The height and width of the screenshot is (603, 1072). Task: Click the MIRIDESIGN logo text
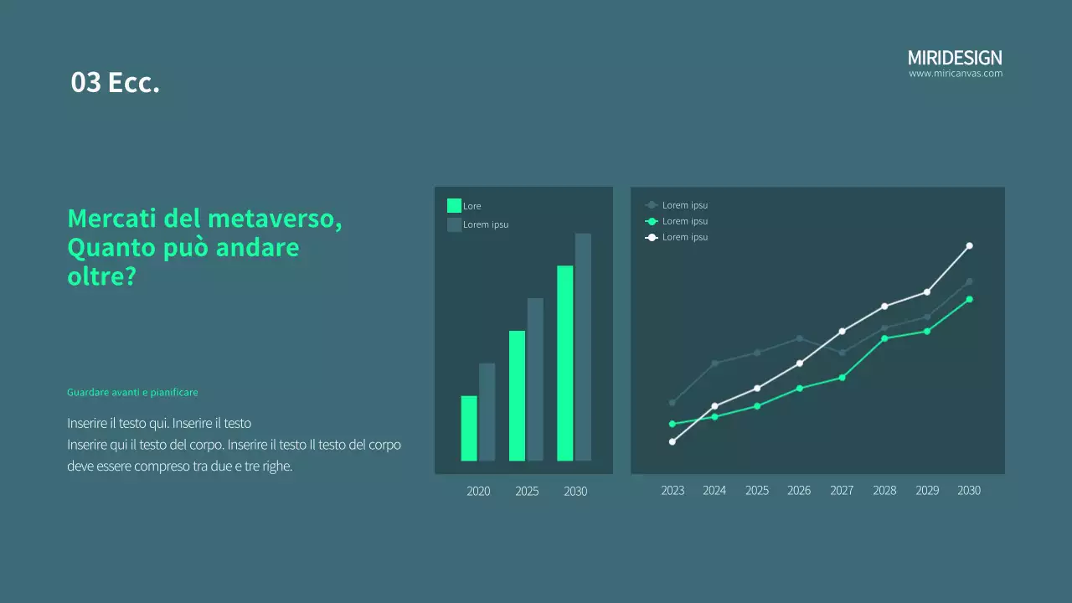(x=955, y=58)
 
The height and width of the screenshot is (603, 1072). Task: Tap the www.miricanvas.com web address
(x=956, y=74)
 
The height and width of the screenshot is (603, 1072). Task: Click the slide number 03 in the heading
(x=85, y=83)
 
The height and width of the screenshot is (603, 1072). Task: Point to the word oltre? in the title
(x=101, y=277)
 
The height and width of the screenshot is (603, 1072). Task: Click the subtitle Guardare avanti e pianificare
(x=132, y=392)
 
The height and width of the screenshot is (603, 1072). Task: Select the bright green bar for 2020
(x=469, y=428)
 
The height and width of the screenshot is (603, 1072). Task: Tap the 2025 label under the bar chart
(x=527, y=492)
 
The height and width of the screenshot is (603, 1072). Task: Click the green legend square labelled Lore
(x=454, y=206)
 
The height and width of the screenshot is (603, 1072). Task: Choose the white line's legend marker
(x=652, y=238)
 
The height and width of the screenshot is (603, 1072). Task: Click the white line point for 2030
(x=969, y=245)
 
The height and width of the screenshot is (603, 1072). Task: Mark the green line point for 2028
(x=884, y=338)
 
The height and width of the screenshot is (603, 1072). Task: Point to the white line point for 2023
(x=673, y=441)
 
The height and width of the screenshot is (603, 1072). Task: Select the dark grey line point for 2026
(x=800, y=338)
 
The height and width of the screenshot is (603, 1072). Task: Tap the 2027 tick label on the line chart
(x=842, y=491)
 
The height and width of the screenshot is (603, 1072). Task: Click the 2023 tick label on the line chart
(x=673, y=491)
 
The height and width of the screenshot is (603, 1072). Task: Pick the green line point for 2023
(x=672, y=424)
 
